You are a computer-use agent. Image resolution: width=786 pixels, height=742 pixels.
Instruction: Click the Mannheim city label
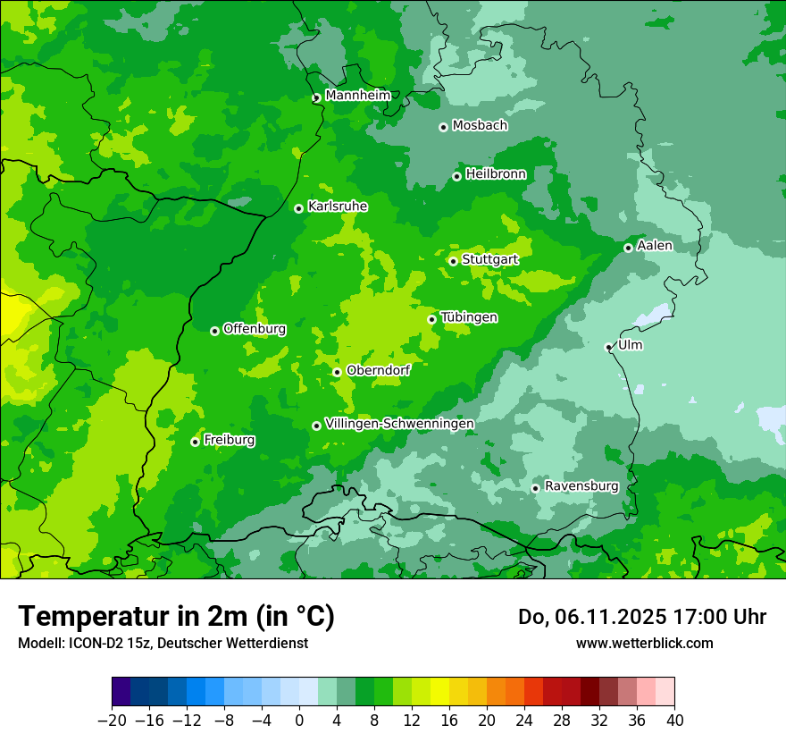[x=357, y=96]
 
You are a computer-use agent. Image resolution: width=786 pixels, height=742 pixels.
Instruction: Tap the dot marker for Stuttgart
[x=453, y=261]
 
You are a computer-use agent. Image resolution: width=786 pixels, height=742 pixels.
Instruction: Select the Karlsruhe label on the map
[x=337, y=207]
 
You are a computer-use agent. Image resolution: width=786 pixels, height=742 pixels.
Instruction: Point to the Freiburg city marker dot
[x=195, y=442]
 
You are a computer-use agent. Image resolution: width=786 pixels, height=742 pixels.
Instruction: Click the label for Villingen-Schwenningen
[x=399, y=424]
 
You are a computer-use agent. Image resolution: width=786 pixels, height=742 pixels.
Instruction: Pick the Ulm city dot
[x=608, y=347]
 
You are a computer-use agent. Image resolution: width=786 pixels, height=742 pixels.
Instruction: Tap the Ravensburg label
[x=581, y=486]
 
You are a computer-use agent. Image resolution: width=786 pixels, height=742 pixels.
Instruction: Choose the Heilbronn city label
[x=495, y=174]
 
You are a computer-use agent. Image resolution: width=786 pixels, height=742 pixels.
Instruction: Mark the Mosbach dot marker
[x=443, y=127]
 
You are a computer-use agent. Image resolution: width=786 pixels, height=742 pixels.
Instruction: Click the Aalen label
[x=655, y=246]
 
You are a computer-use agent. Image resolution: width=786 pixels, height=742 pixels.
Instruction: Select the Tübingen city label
[x=468, y=317]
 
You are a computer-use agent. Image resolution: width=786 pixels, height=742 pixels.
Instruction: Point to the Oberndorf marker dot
[x=337, y=372]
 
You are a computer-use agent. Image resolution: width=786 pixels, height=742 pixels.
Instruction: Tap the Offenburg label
[x=254, y=329]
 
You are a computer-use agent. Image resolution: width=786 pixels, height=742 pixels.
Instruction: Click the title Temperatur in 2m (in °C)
[x=176, y=617]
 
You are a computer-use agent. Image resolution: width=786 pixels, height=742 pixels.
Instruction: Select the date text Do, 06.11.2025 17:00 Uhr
[x=641, y=617]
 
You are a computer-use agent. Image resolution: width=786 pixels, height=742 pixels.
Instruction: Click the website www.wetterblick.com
[x=644, y=643]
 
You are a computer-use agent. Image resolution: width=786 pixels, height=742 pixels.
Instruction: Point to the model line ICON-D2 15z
[x=163, y=643]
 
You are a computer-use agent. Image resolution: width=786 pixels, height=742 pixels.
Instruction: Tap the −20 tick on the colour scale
[x=112, y=721]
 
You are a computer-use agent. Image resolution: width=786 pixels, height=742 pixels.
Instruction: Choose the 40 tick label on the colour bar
[x=674, y=721]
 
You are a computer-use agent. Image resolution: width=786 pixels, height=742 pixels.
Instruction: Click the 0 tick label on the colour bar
[x=299, y=721]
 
